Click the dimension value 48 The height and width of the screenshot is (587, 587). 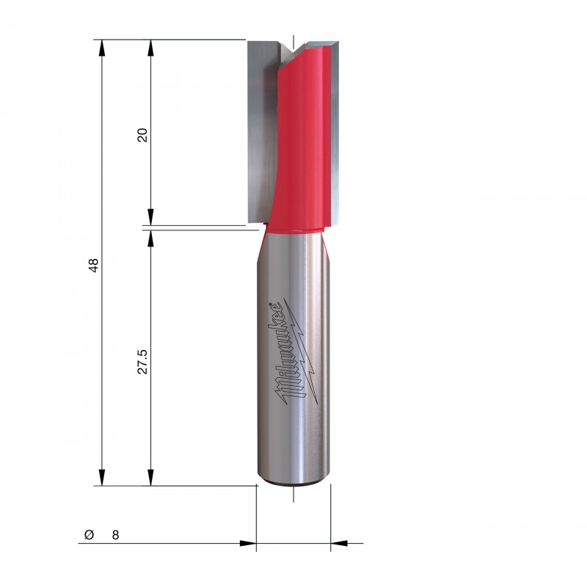94,266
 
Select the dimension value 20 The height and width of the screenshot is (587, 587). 142,135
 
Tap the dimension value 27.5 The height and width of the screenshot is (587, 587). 142,362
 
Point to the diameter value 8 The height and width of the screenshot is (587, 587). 115,535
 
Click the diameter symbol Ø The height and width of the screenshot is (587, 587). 89,535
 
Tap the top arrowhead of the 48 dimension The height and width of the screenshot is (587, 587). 101,48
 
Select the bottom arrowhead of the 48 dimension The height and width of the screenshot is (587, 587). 101,478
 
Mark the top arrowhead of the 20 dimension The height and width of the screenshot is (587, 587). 150,48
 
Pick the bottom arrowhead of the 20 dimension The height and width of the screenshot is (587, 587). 150,217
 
